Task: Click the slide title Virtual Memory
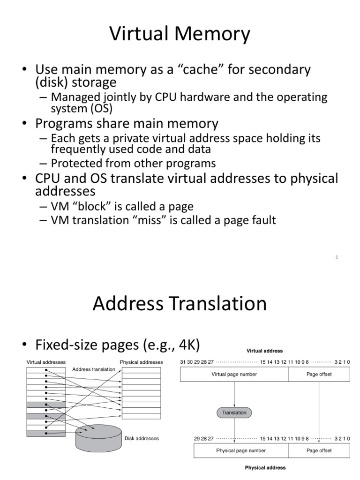click(x=180, y=35)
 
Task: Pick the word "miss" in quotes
click(x=158, y=220)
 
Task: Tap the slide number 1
click(x=337, y=257)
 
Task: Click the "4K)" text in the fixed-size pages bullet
click(x=187, y=345)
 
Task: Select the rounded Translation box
click(x=234, y=412)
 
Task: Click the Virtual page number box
click(x=234, y=374)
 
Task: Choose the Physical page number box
click(x=240, y=450)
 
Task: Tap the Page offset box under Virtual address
click(x=319, y=374)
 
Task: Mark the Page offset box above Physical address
click(x=319, y=450)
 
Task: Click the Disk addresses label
click(x=142, y=439)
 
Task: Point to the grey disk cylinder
click(x=98, y=437)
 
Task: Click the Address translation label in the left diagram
click(x=94, y=369)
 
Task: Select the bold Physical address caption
click(x=265, y=468)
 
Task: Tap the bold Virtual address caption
click(x=265, y=351)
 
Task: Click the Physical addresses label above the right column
click(x=141, y=362)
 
